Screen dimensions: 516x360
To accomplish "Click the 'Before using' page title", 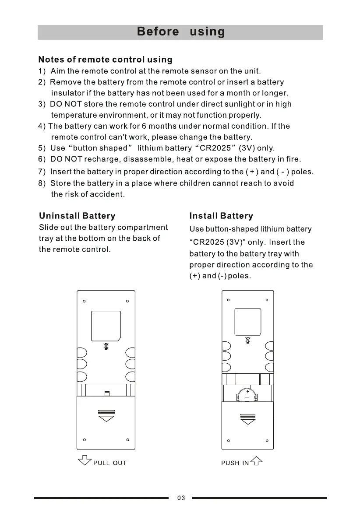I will (180, 32).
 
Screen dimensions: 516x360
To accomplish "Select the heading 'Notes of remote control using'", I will (105, 60).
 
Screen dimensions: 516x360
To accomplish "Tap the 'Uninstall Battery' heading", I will (77, 216).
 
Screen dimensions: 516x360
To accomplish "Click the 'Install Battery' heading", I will (221, 216).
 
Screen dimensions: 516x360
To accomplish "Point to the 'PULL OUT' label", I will (109, 463).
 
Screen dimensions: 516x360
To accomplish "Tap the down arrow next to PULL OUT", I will (83, 461).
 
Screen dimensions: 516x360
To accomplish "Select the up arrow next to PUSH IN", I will (257, 460).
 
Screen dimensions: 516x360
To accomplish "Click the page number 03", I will (181, 498).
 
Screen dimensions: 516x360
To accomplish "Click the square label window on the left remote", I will (106, 326).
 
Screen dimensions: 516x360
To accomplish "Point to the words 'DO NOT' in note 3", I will (66, 104).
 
